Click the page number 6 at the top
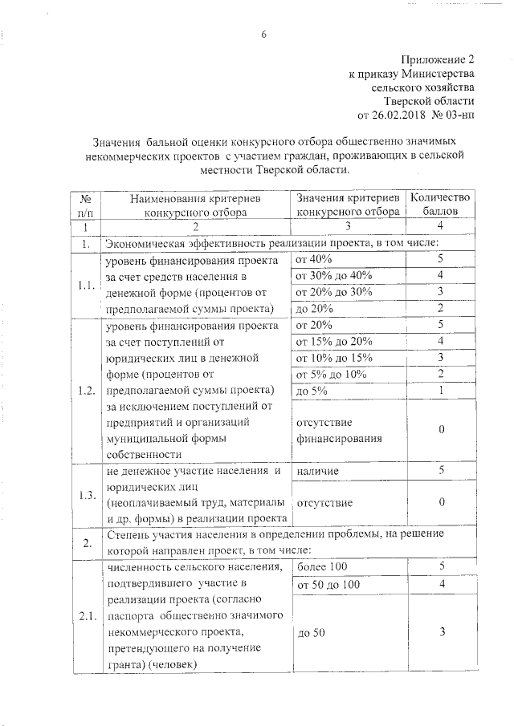(x=263, y=34)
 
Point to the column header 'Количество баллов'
(x=442, y=205)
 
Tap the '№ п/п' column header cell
(x=85, y=205)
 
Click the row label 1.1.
(x=85, y=285)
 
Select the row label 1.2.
(x=85, y=391)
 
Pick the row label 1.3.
(x=85, y=494)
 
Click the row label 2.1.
(x=85, y=616)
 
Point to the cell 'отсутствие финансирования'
(x=328, y=430)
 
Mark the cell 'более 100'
(x=320, y=567)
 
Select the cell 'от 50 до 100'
(x=328, y=585)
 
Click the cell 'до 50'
(x=311, y=634)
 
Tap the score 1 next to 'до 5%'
(x=442, y=391)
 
